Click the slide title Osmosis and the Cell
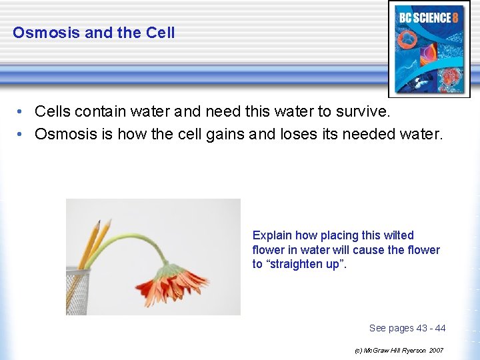[x=94, y=33]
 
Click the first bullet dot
[x=21, y=111]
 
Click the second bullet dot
[x=21, y=134]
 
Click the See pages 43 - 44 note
[x=407, y=328]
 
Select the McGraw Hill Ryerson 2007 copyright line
[x=399, y=350]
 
